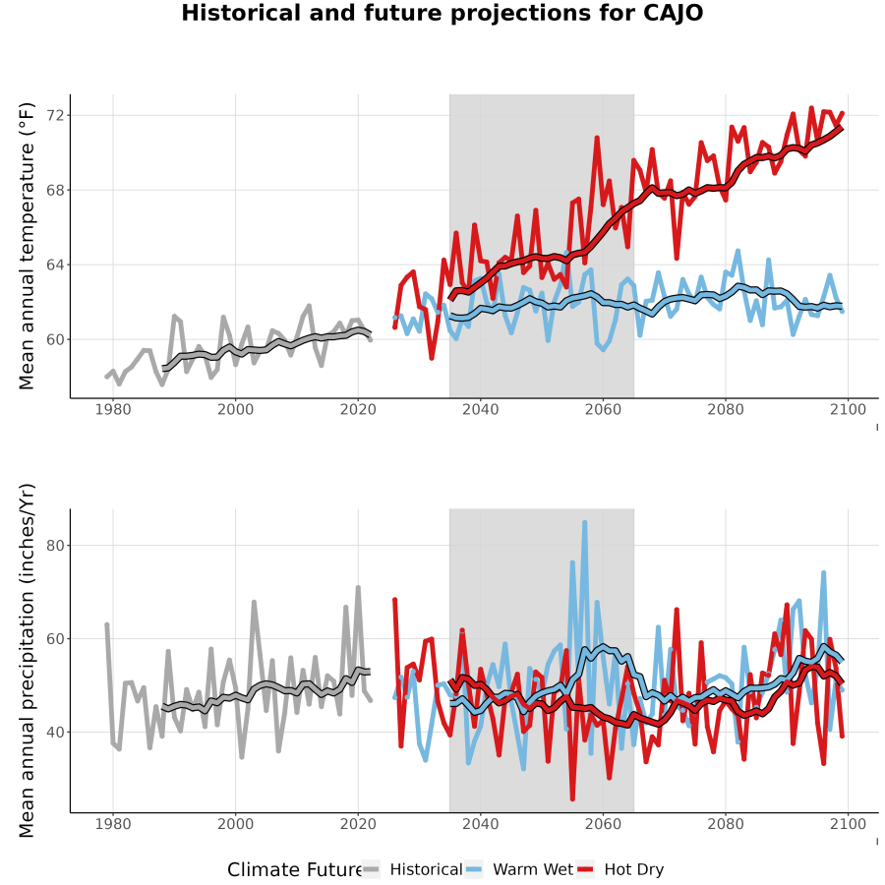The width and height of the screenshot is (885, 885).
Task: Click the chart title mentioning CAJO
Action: coord(442,13)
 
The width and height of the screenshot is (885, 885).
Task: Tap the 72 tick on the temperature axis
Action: coord(55,116)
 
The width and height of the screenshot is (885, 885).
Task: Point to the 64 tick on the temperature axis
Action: coord(55,265)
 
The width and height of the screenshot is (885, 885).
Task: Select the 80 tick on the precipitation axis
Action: coord(55,546)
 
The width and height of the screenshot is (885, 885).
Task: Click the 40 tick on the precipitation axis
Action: coord(55,732)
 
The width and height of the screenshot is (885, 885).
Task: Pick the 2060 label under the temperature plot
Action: coord(603,409)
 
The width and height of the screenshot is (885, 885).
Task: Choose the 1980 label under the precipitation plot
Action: coord(113,824)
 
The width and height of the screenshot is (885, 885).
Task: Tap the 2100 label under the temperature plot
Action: coord(848,409)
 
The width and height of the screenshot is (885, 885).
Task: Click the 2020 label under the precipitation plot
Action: coord(358,824)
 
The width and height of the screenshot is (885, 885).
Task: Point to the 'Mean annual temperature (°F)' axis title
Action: coord(26,246)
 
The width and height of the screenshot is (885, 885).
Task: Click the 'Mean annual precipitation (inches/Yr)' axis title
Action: coord(26,661)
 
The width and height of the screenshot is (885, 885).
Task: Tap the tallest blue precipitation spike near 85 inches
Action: coord(585,523)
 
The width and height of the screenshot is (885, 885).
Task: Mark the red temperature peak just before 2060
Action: coord(597,137)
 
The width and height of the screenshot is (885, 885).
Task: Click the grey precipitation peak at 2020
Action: coord(358,588)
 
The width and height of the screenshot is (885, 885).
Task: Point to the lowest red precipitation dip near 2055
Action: coord(572,798)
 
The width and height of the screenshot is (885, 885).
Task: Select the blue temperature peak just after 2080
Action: coord(737,251)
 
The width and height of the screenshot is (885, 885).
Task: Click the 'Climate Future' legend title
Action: coord(295,870)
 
